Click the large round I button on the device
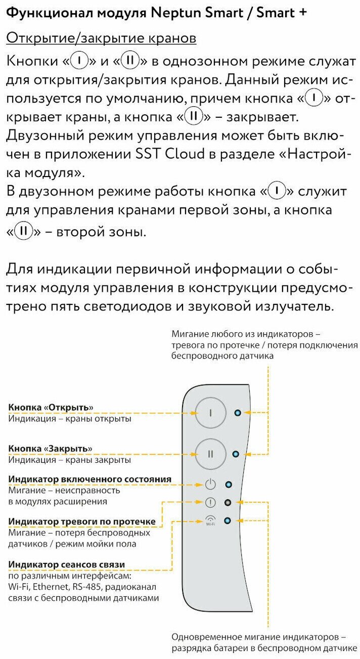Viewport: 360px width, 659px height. click(x=210, y=413)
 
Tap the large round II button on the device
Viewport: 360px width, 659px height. click(x=210, y=454)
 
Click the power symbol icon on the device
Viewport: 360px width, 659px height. click(x=210, y=485)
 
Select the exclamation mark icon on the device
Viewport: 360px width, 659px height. click(x=210, y=502)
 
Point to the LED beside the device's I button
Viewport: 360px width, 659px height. click(x=238, y=413)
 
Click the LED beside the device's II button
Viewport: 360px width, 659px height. click(x=235, y=454)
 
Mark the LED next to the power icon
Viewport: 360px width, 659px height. click(x=229, y=485)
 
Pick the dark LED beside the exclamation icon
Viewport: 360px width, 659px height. click(x=229, y=502)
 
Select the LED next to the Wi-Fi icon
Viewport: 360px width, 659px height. click(x=228, y=520)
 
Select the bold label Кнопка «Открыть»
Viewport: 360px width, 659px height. click(x=51, y=408)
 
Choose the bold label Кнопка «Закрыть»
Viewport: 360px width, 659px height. click(x=51, y=449)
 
